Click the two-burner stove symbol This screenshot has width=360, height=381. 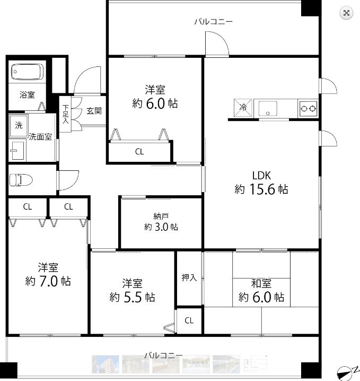pyautogui.click(x=309, y=108)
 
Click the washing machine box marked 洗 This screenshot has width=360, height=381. pyautogui.click(x=19, y=126)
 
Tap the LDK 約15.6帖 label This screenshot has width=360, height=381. pyautogui.click(x=261, y=182)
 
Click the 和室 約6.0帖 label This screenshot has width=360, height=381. pyautogui.click(x=261, y=291)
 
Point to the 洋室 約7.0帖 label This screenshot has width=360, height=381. pyautogui.click(x=48, y=274)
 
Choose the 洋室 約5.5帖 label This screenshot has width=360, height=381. pyautogui.click(x=132, y=290)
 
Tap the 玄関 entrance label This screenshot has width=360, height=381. pyautogui.click(x=94, y=111)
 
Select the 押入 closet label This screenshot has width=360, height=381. pyautogui.click(x=189, y=278)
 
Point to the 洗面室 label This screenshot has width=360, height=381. pyautogui.click(x=40, y=137)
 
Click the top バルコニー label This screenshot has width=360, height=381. pyautogui.click(x=213, y=22)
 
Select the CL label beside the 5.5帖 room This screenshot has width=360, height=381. pyautogui.click(x=189, y=321)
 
